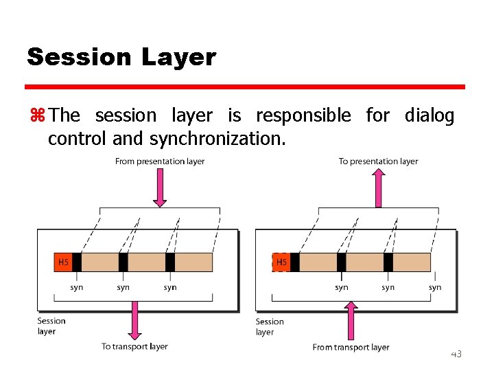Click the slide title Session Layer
(x=121, y=57)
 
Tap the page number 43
(x=456, y=354)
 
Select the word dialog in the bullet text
(x=430, y=115)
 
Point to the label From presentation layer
(x=160, y=161)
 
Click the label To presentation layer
(x=378, y=161)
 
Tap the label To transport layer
(x=134, y=346)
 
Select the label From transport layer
(x=351, y=347)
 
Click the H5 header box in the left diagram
(x=63, y=262)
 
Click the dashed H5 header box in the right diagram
(x=281, y=262)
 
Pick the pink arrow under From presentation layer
(x=160, y=187)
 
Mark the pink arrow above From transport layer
(x=351, y=321)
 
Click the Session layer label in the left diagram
(x=51, y=326)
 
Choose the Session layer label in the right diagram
(x=270, y=326)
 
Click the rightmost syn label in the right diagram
(x=435, y=288)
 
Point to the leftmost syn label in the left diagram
(x=77, y=287)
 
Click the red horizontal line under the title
(x=245, y=87)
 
